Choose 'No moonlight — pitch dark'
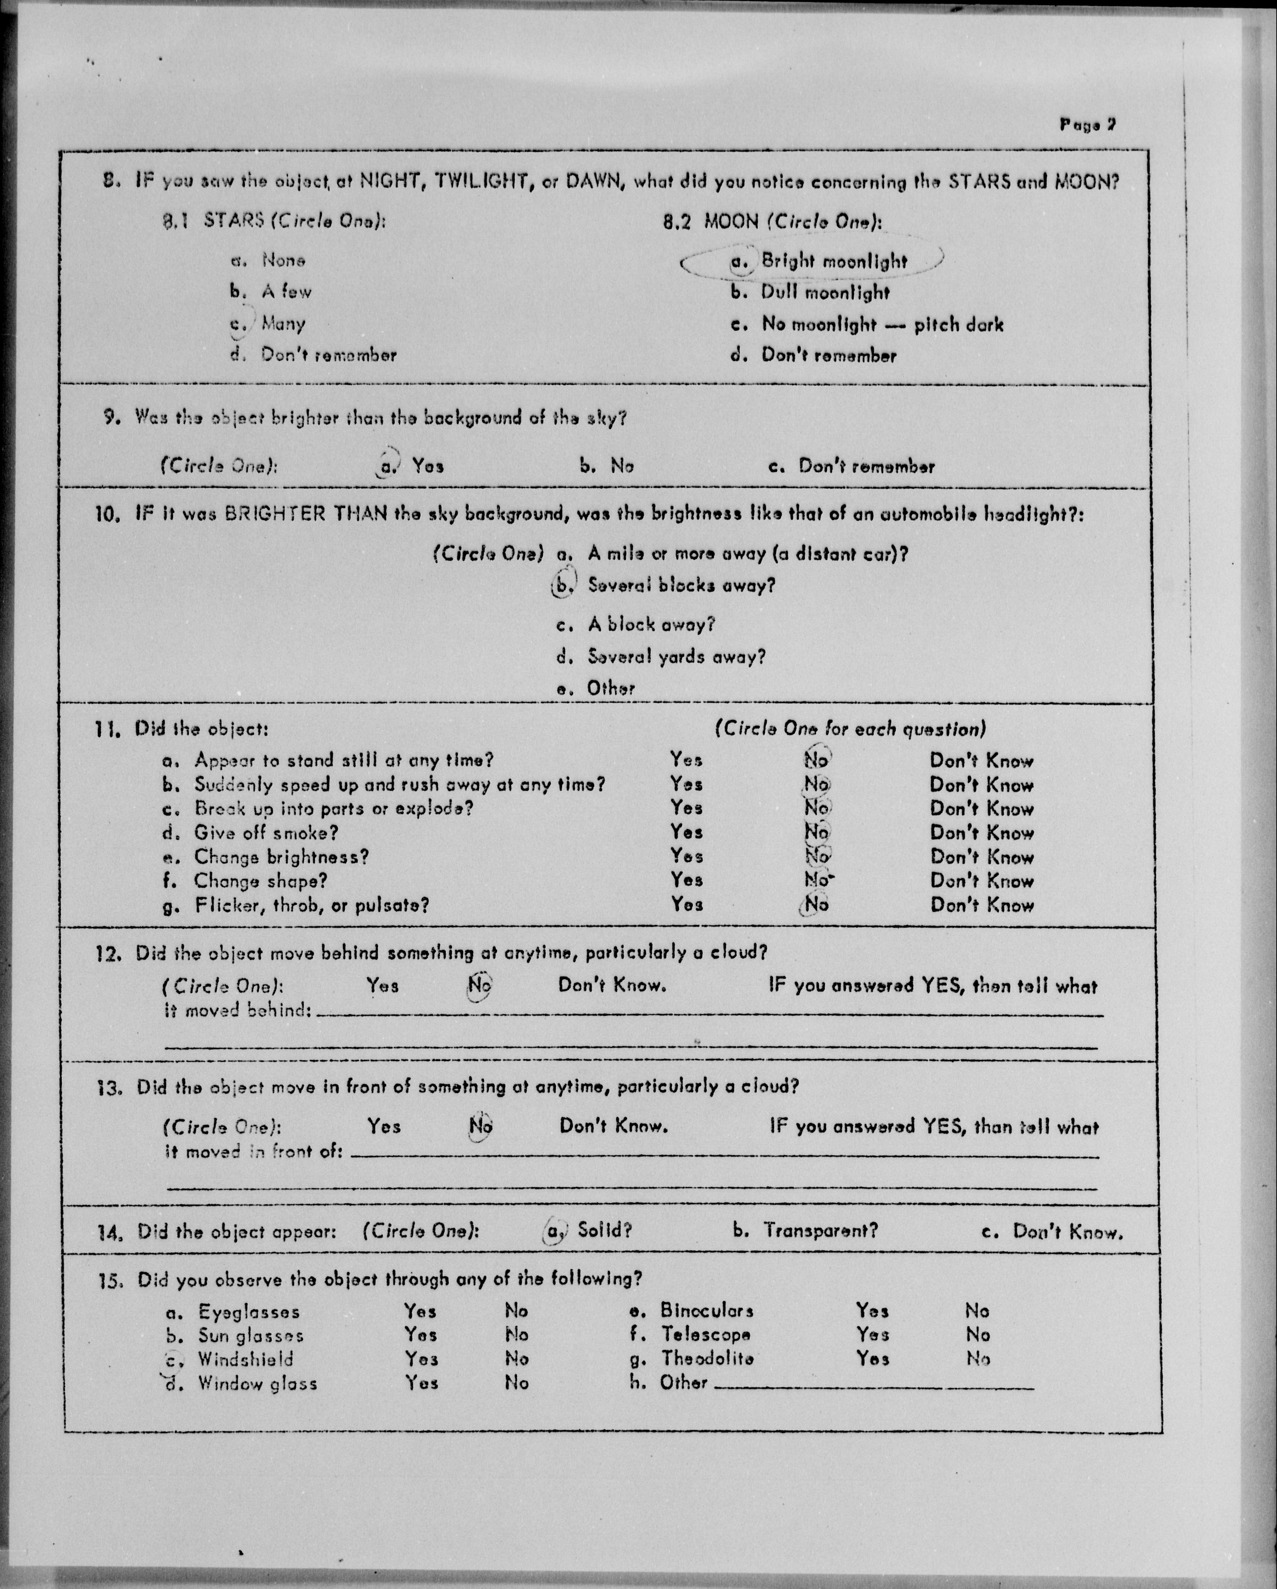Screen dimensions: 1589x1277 (867, 324)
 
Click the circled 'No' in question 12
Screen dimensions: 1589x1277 (480, 985)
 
